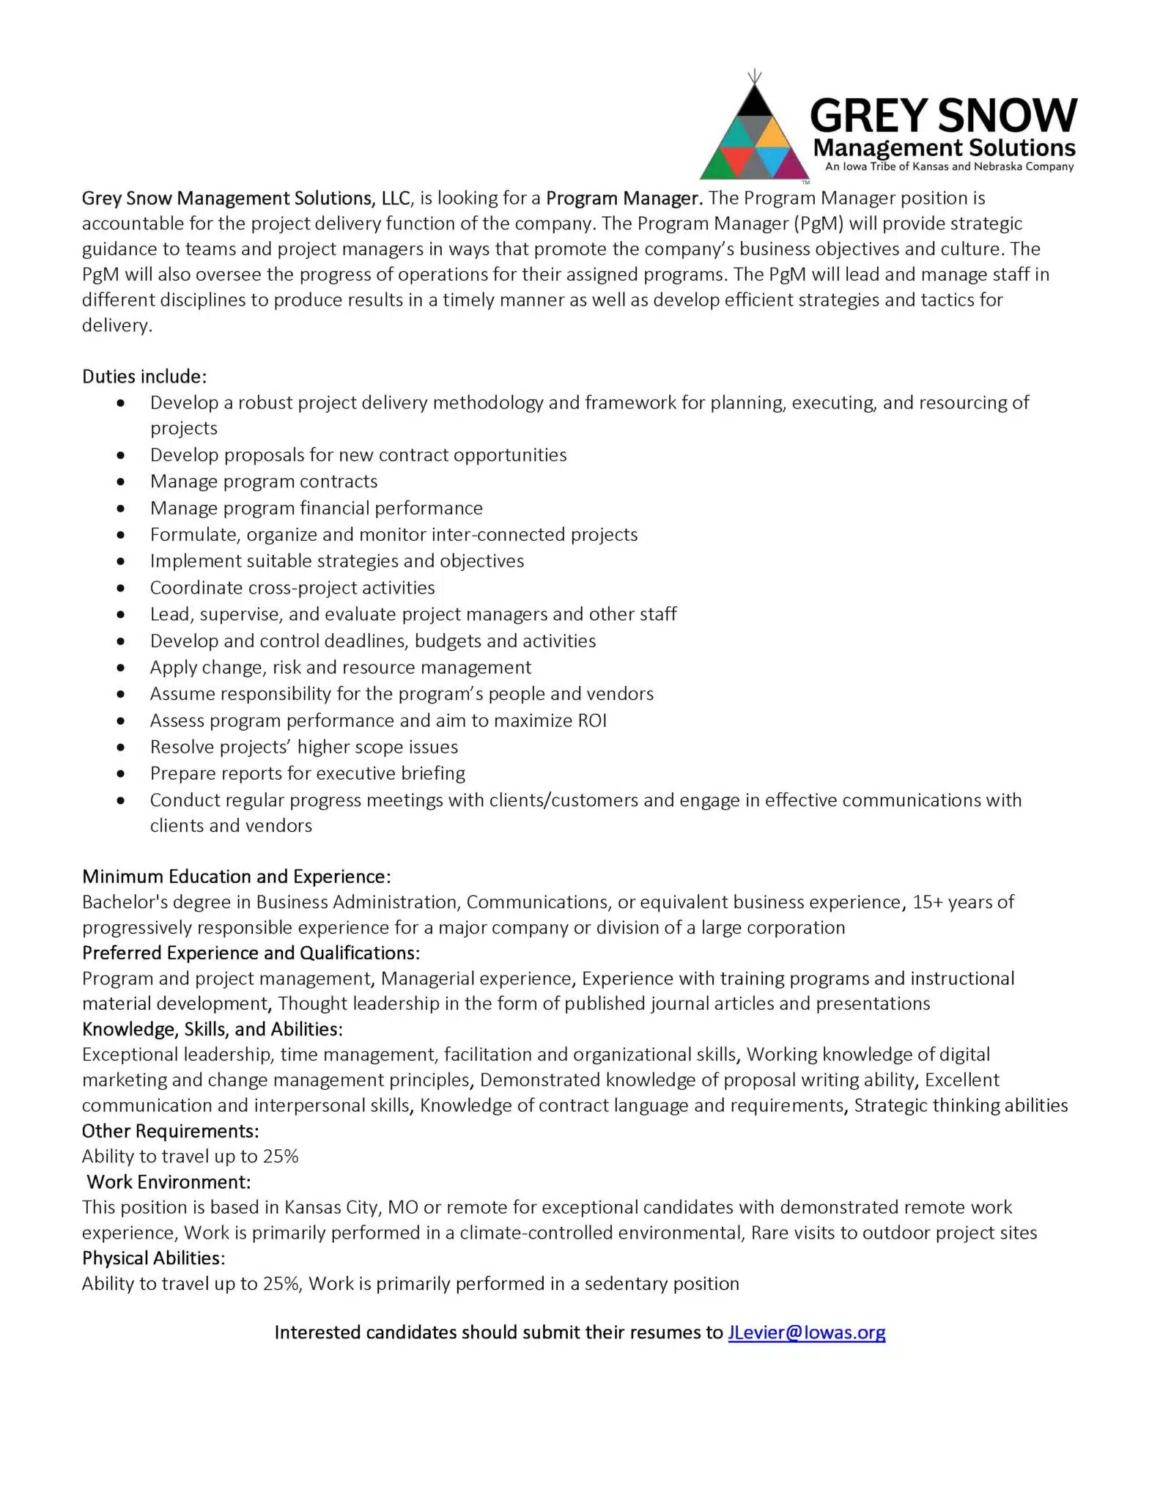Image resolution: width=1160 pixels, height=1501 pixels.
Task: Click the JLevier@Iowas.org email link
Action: [806, 1332]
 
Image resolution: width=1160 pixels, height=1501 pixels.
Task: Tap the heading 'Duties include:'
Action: [144, 377]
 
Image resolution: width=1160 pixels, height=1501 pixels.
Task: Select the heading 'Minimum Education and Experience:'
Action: [236, 877]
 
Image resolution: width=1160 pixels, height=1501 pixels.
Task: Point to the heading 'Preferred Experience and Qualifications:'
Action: [251, 953]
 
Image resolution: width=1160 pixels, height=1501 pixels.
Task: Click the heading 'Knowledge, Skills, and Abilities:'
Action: [212, 1029]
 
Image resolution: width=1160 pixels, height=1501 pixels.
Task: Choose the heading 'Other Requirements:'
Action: [170, 1131]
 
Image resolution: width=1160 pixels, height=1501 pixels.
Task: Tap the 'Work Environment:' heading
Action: [169, 1181]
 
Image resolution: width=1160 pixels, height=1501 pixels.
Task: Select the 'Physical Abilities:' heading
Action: [153, 1258]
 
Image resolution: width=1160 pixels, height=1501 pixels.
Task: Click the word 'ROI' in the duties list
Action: [592, 720]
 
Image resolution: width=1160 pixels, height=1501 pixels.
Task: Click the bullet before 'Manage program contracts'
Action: [121, 482]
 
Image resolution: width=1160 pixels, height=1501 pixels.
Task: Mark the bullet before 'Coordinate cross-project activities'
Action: [121, 589]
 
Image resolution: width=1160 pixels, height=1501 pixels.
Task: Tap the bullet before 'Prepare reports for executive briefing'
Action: [121, 774]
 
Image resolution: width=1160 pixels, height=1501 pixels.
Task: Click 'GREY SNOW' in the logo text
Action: [943, 116]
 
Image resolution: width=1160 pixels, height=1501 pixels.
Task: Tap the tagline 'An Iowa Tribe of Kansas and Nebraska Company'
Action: [949, 166]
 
